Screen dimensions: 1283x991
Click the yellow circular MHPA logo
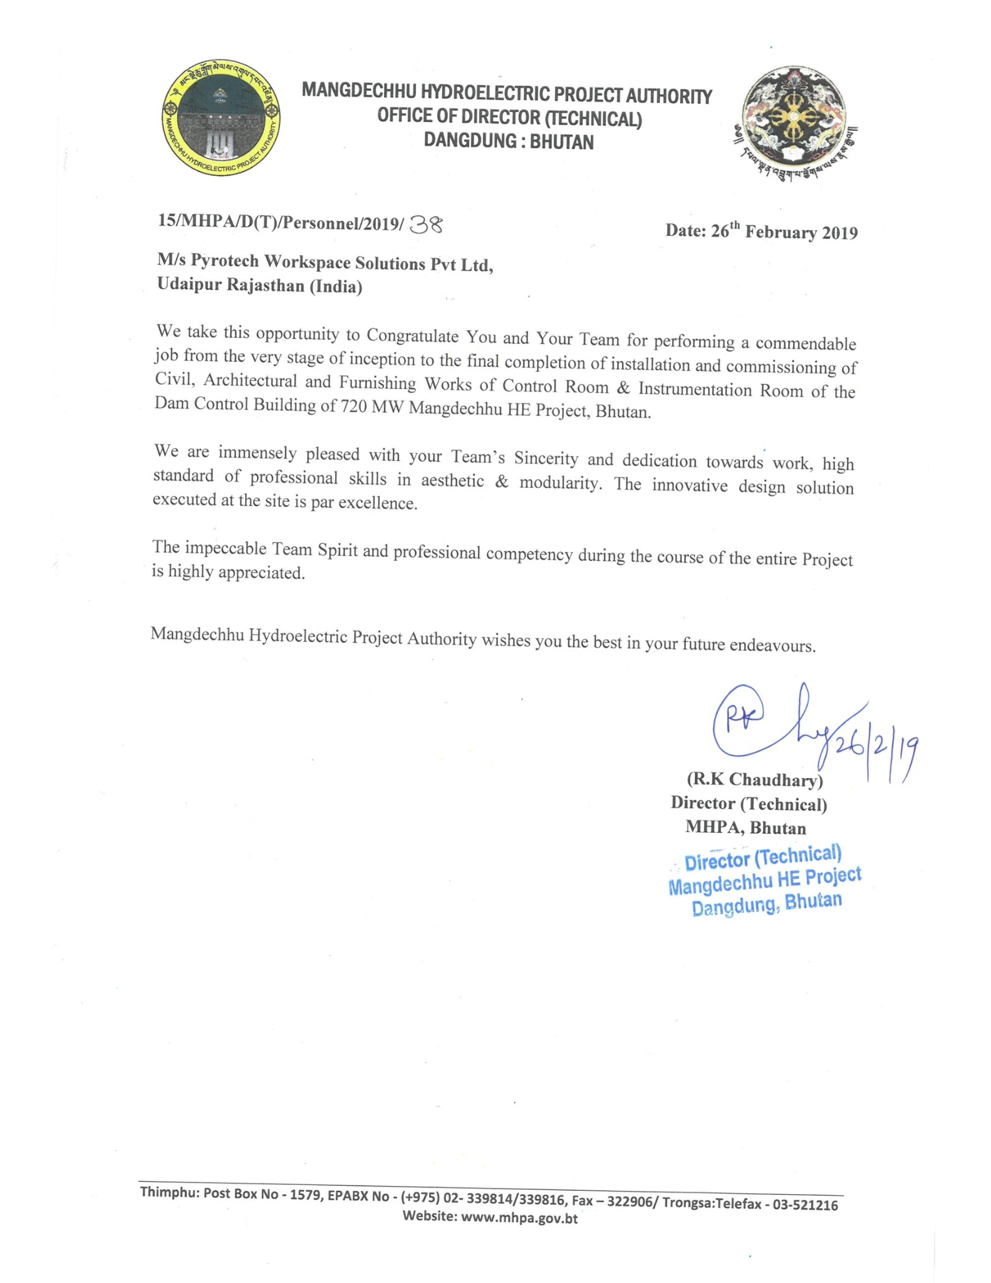coord(221,118)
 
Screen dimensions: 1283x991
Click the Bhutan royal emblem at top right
coord(794,121)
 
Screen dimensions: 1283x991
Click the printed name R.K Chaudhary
coord(754,780)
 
